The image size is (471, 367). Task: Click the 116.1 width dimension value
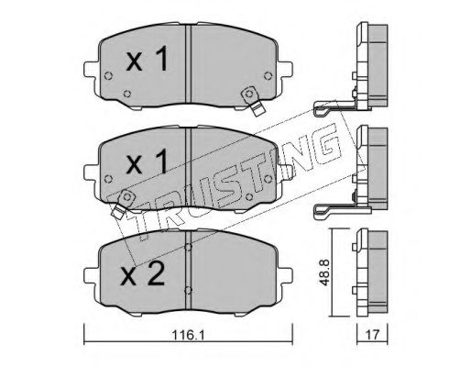(x=188, y=335)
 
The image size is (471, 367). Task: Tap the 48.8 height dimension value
(x=324, y=272)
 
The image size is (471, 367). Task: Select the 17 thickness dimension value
(x=372, y=335)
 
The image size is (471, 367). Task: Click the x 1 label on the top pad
(x=148, y=58)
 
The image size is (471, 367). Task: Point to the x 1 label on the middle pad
(x=148, y=161)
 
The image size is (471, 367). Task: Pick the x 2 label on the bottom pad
(x=143, y=274)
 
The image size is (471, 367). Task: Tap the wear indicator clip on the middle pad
(x=123, y=203)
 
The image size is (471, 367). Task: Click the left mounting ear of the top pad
(x=92, y=70)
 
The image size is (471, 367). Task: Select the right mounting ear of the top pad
(x=285, y=70)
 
